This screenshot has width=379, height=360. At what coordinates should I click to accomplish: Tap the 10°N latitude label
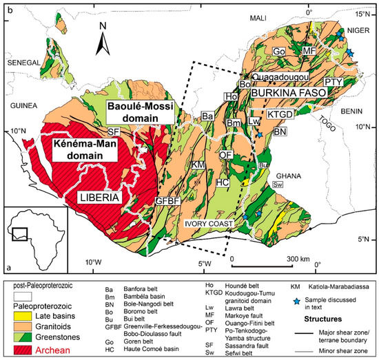(17, 130)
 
